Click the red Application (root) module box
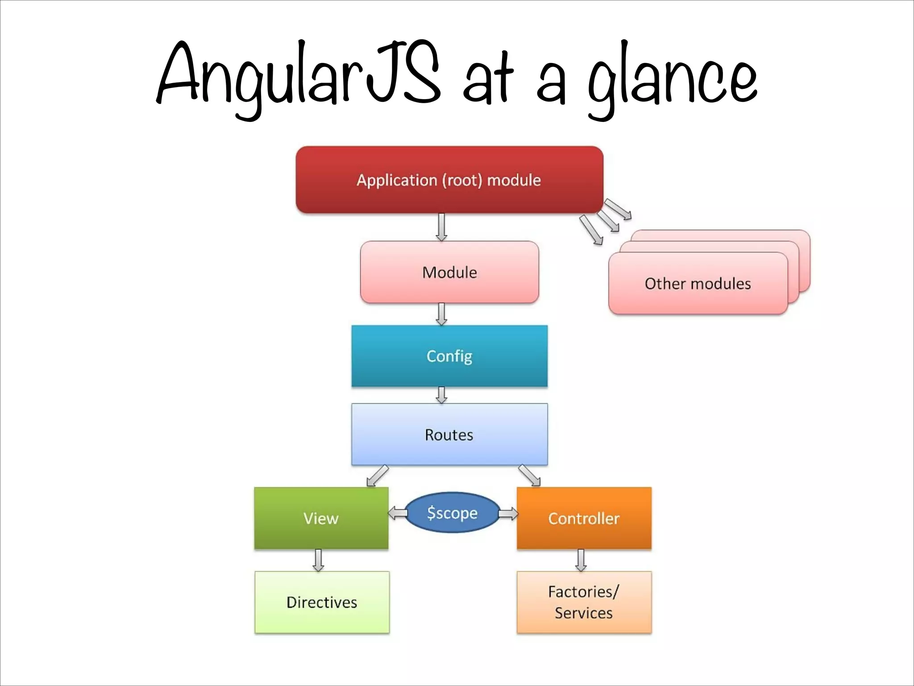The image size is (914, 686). click(449, 180)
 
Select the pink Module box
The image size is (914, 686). click(449, 272)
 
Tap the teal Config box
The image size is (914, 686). click(449, 356)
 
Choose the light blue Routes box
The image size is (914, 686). click(449, 435)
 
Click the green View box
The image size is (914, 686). click(321, 518)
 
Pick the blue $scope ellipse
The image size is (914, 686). click(452, 513)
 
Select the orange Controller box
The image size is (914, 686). click(584, 518)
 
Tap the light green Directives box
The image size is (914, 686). click(322, 602)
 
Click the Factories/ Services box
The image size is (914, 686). click(584, 602)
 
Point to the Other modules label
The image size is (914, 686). click(698, 284)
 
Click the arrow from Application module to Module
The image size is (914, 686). click(441, 227)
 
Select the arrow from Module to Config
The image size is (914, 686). click(441, 314)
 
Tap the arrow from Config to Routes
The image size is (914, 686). click(441, 395)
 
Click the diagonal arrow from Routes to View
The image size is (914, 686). click(377, 476)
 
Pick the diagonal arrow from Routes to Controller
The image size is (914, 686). click(530, 476)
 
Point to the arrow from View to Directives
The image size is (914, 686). click(318, 560)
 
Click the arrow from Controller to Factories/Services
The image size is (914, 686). click(581, 560)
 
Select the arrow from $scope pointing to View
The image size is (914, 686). click(397, 513)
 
